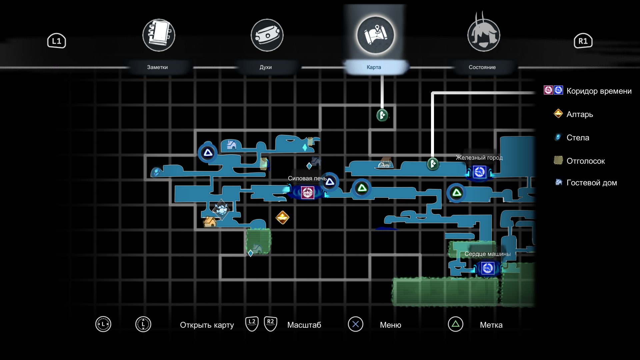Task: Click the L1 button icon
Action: click(x=56, y=41)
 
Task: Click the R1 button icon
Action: click(x=583, y=41)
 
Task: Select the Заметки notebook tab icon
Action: click(x=159, y=35)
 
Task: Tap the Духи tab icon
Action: click(x=267, y=35)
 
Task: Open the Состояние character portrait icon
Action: click(x=483, y=33)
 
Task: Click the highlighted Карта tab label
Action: click(x=374, y=67)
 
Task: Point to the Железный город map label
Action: click(x=479, y=158)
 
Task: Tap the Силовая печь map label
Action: click(x=307, y=178)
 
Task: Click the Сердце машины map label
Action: click(x=487, y=254)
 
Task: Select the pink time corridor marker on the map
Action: click(x=307, y=192)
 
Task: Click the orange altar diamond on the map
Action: click(x=282, y=217)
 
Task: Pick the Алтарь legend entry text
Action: click(x=580, y=114)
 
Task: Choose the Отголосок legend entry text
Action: click(x=586, y=161)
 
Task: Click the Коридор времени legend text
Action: click(x=599, y=91)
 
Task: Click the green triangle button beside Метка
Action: click(x=455, y=324)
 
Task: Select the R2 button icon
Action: click(x=270, y=324)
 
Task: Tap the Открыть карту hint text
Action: click(x=207, y=325)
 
